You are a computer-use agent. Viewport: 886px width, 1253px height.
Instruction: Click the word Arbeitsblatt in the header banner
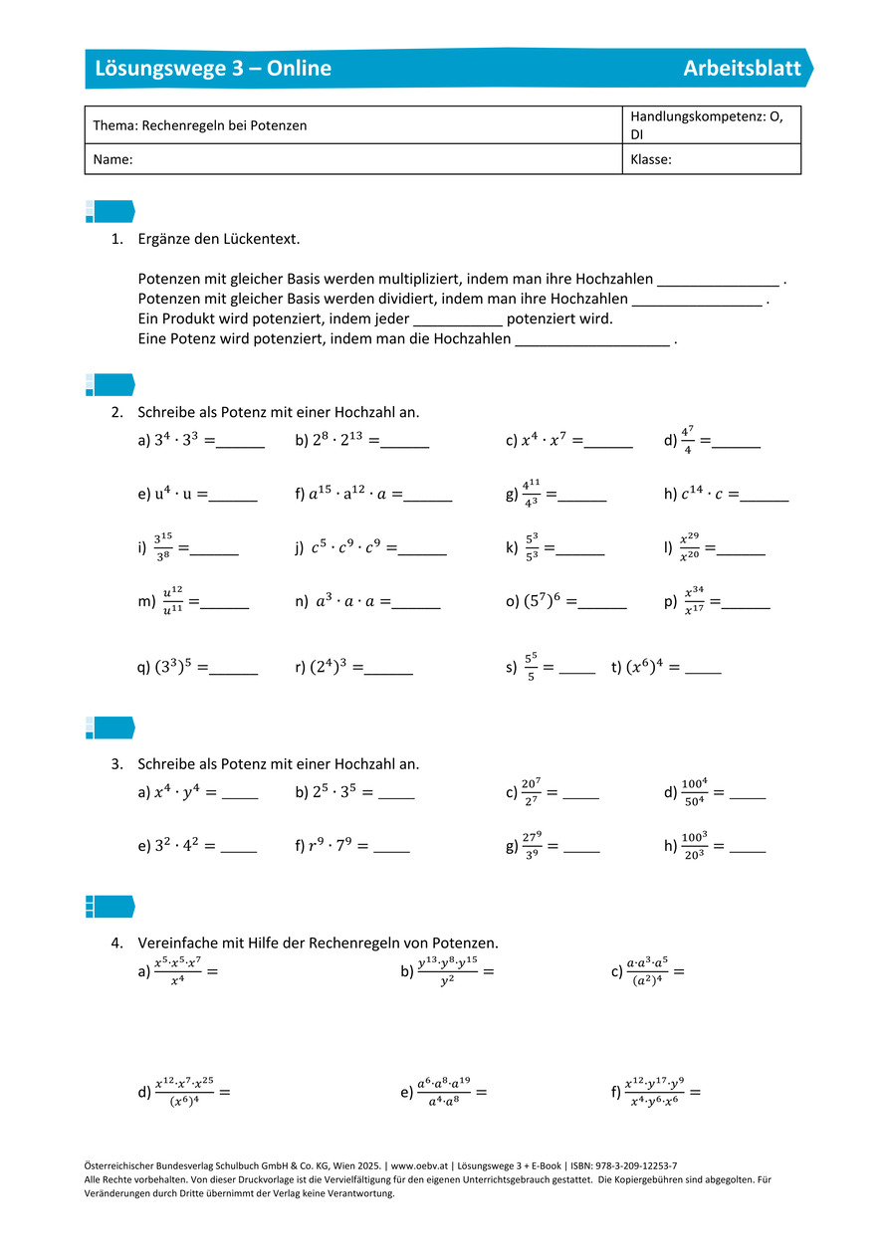point(742,69)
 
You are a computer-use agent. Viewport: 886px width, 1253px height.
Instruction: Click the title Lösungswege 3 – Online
point(213,69)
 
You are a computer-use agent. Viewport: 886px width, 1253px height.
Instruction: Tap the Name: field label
point(112,159)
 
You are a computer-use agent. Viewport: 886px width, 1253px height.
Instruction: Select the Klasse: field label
point(651,159)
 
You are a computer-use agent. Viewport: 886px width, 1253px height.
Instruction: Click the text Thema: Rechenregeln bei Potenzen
point(200,125)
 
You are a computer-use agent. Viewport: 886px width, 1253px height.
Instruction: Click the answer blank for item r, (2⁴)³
point(389,670)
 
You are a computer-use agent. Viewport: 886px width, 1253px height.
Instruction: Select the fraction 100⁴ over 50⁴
point(693,793)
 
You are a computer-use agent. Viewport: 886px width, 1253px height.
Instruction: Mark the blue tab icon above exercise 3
point(110,728)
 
